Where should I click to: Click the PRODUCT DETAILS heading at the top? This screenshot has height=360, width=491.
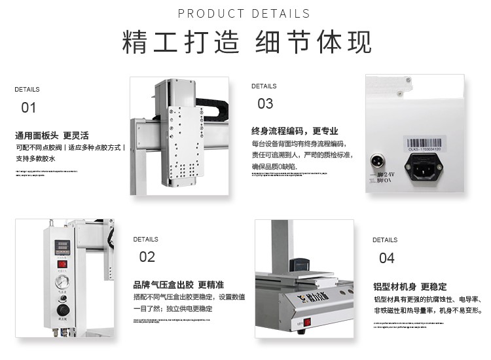pyautogui.click(x=244, y=14)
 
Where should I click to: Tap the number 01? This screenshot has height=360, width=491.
pyautogui.click(x=28, y=107)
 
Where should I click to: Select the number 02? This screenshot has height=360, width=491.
pyautogui.click(x=147, y=257)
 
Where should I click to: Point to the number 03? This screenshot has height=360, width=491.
pyautogui.click(x=265, y=103)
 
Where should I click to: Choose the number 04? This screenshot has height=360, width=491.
pyautogui.click(x=387, y=257)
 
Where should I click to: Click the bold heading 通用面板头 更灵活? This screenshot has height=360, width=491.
pyautogui.click(x=52, y=136)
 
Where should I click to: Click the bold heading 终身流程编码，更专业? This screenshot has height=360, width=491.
pyautogui.click(x=295, y=130)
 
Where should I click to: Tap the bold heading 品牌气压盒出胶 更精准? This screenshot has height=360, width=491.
pyautogui.click(x=178, y=285)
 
